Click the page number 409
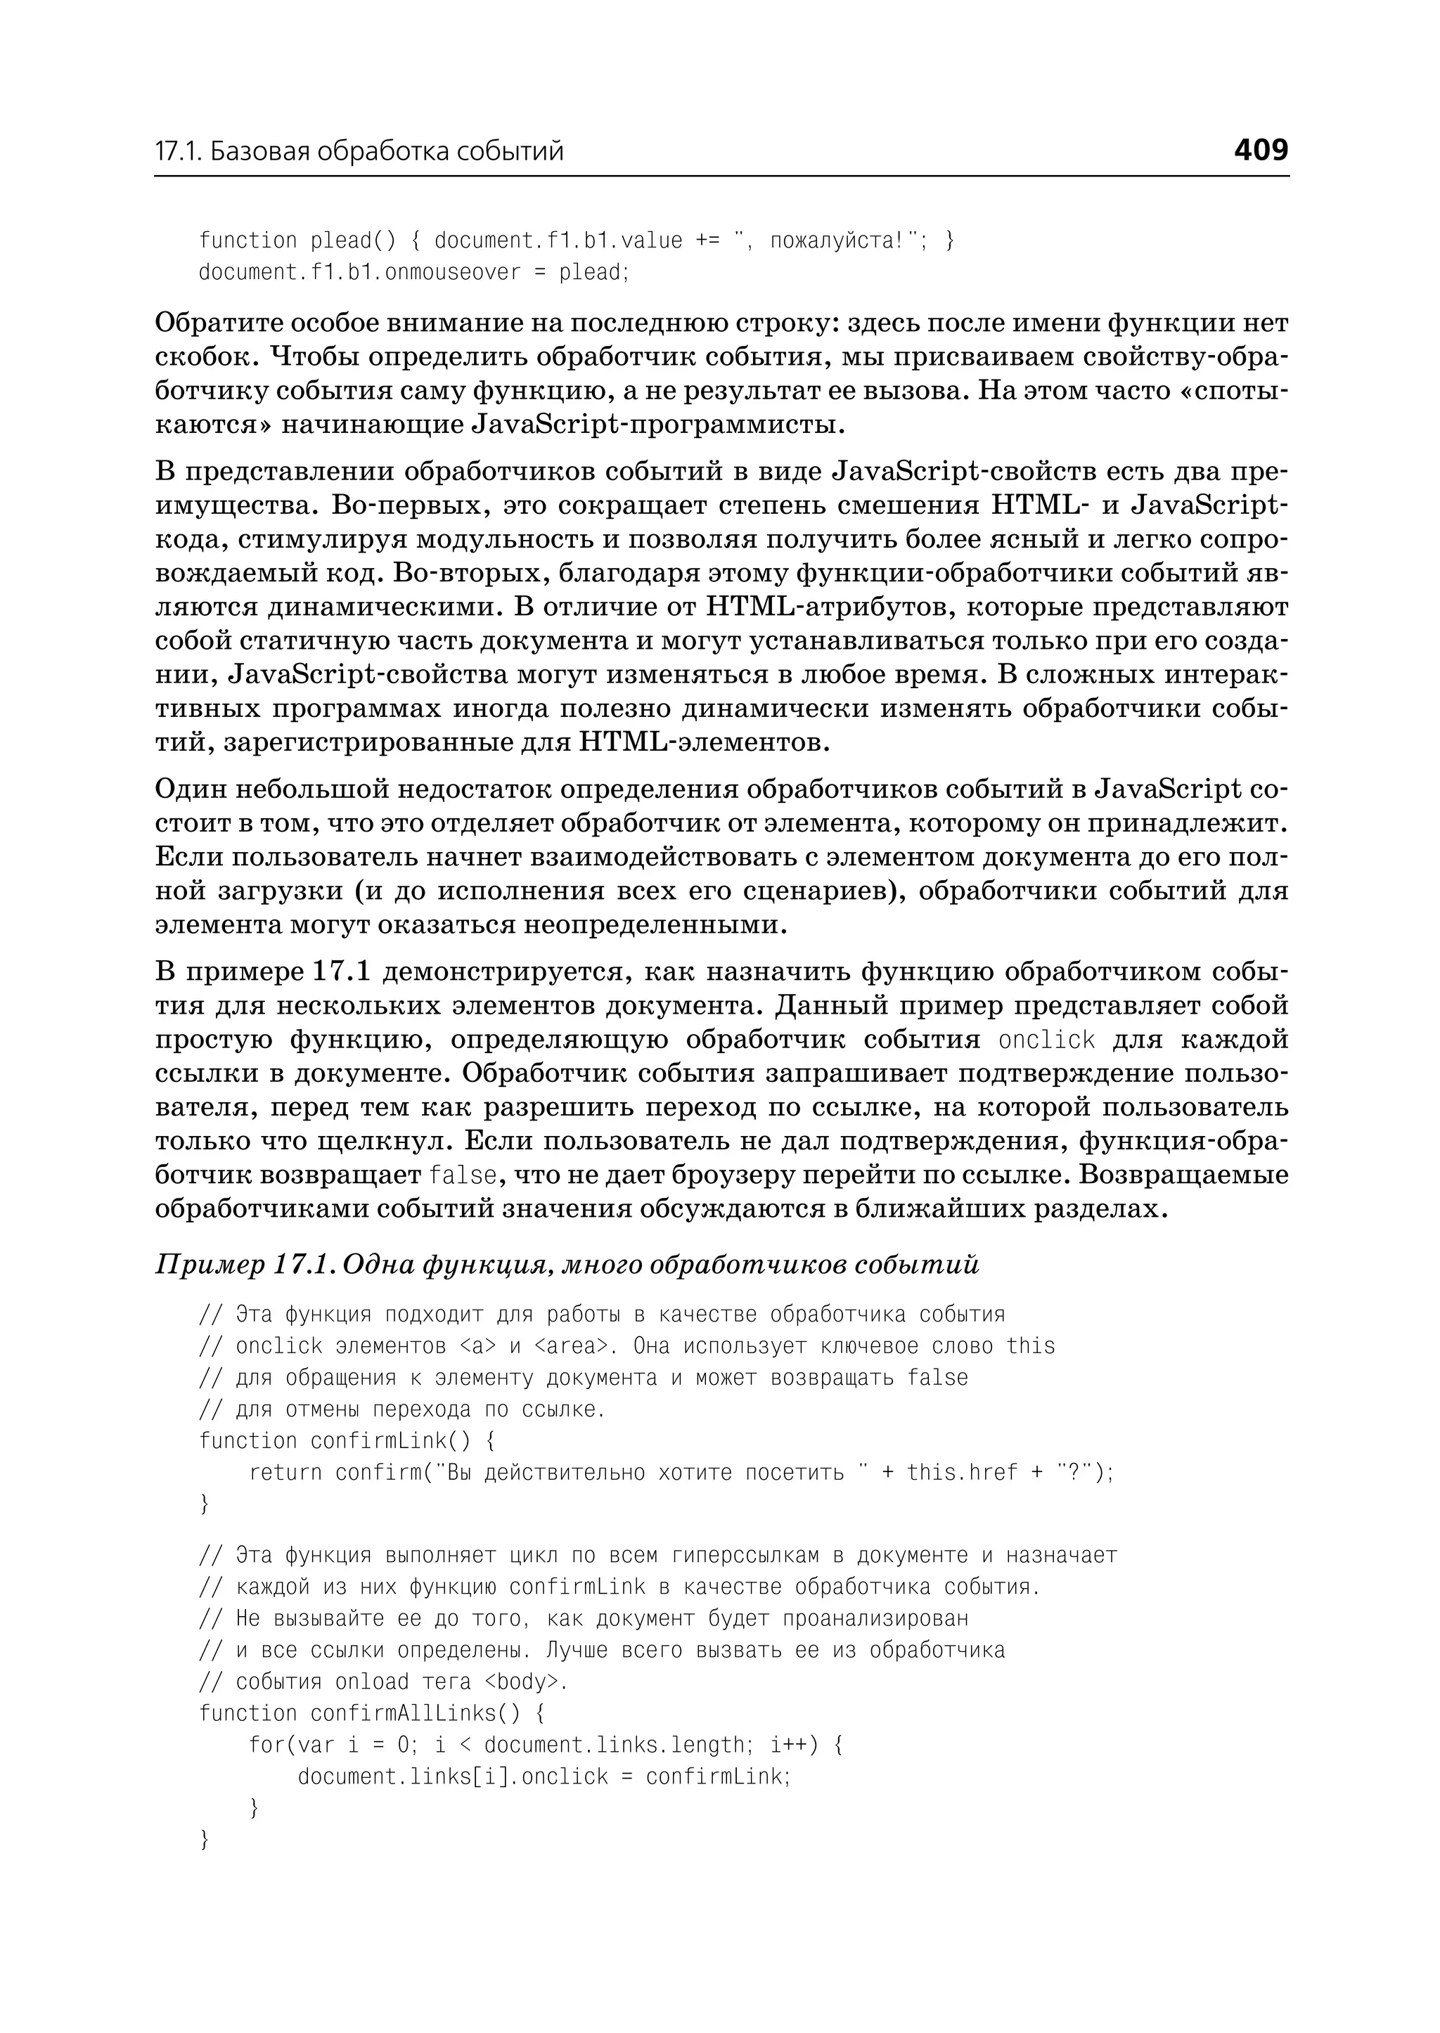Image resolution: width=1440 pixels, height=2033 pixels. [x=1260, y=150]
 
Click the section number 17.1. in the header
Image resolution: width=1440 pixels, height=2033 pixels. [x=179, y=152]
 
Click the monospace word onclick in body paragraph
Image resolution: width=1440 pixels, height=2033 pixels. [x=1046, y=1040]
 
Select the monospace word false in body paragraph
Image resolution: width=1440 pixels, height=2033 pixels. [x=462, y=1175]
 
